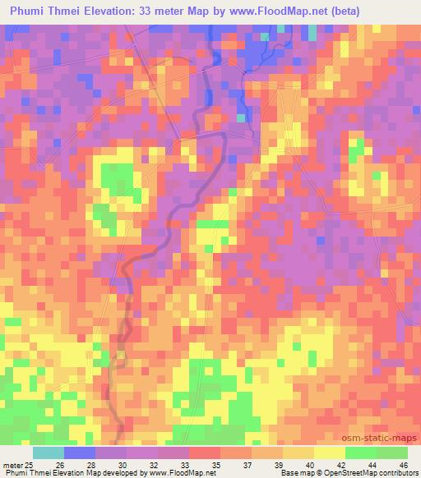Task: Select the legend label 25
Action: click(30, 464)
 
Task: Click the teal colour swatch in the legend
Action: click(49, 453)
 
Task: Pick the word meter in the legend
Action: click(12, 464)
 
